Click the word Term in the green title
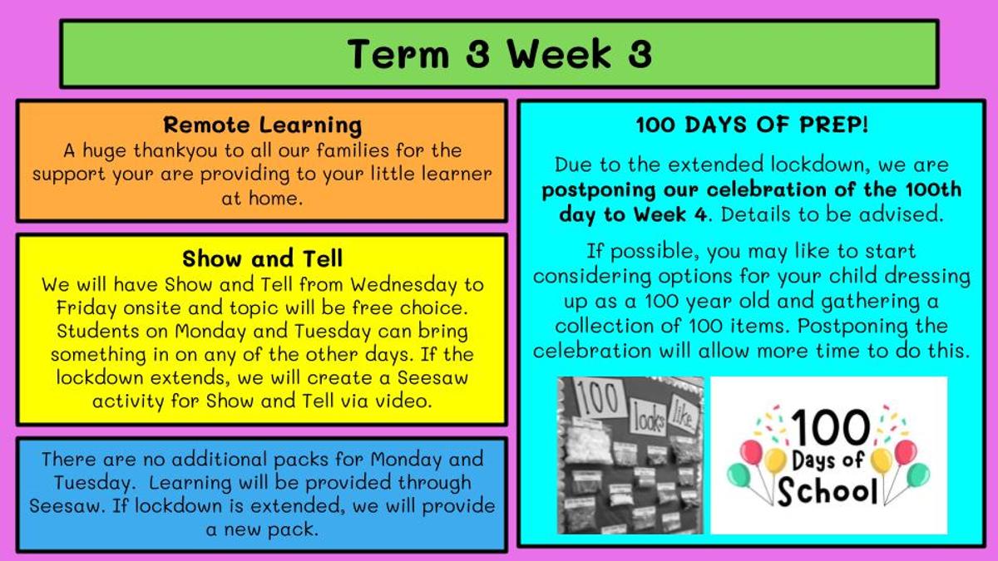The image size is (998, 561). coord(398,54)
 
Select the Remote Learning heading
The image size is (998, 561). coord(263,125)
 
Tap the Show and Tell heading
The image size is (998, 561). coord(263,258)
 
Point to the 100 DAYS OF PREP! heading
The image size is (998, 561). coord(752,125)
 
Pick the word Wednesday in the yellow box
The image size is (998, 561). coord(403,285)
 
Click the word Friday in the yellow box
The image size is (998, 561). coord(86,308)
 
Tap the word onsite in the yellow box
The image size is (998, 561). coord(152,308)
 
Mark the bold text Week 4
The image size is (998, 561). coord(670,214)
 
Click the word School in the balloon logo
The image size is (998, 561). coord(828,491)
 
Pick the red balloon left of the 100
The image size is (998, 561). coord(751,452)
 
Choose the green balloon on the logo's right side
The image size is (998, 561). coord(918,475)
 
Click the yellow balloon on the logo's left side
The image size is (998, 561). coord(775,460)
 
